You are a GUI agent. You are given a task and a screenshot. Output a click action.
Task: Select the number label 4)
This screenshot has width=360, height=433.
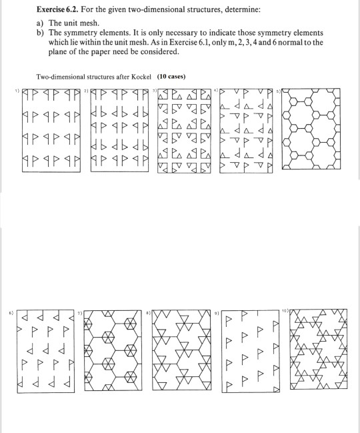[215, 87]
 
